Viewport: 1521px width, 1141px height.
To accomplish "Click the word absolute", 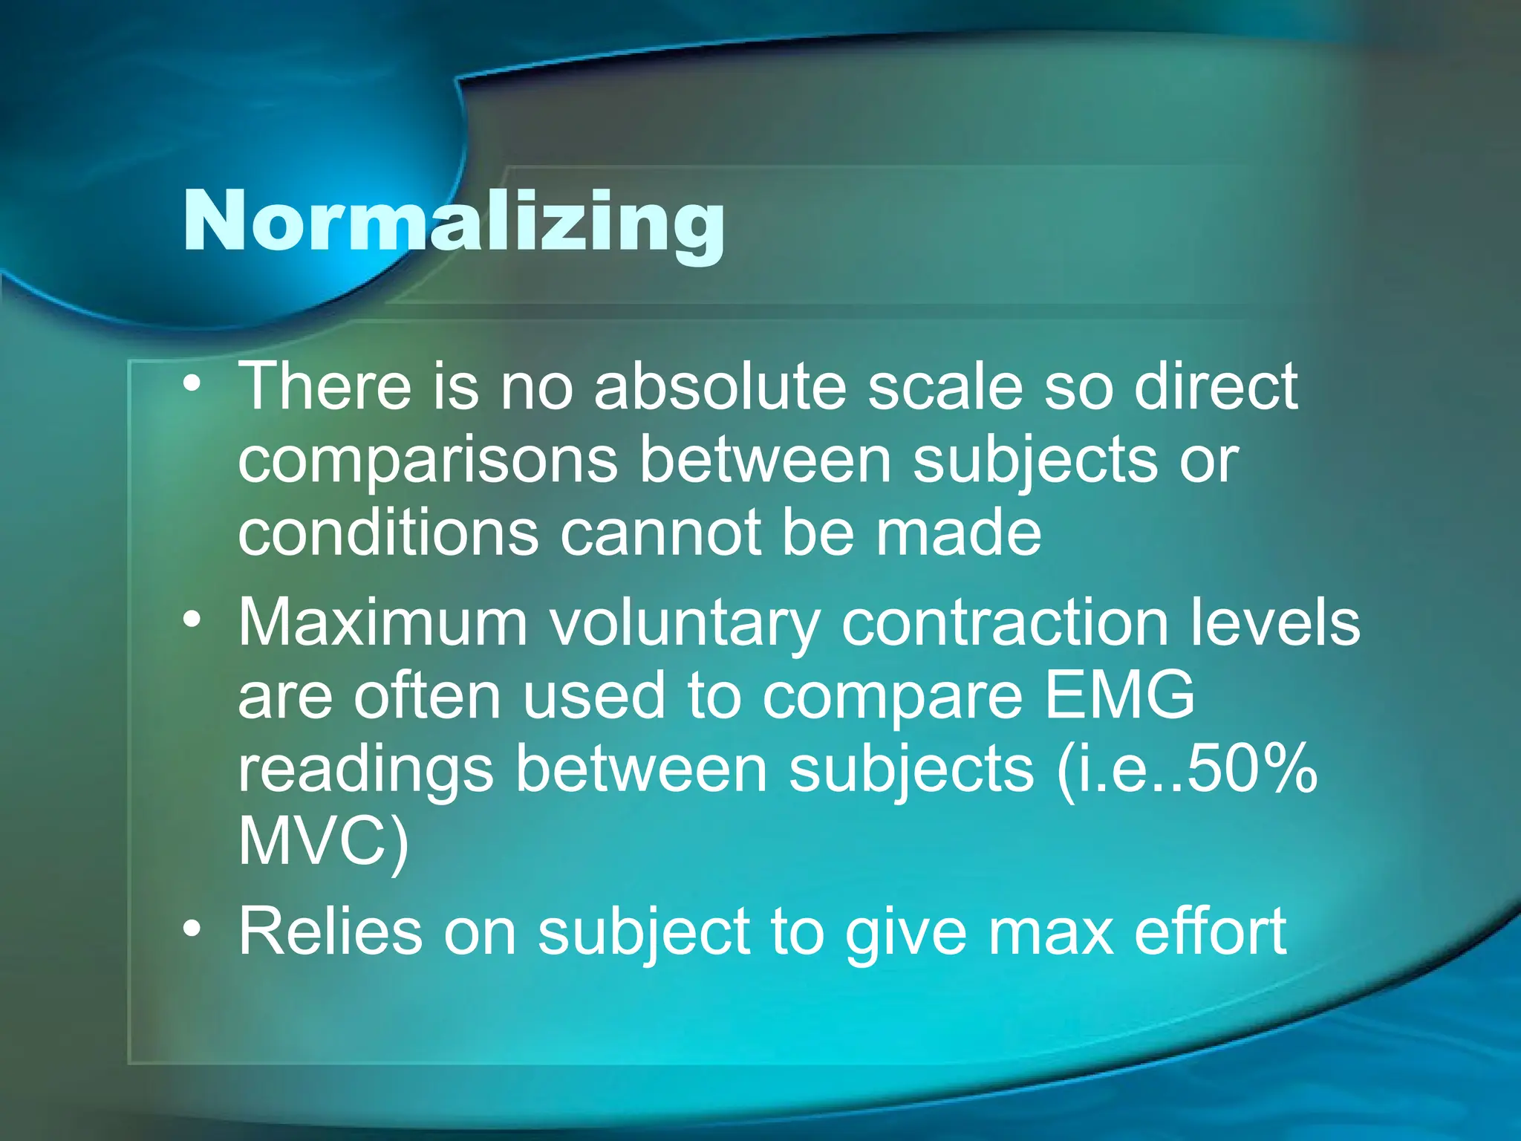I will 720,386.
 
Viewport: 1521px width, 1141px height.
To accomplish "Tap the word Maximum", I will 382,622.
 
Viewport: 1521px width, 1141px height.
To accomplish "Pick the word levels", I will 1275,622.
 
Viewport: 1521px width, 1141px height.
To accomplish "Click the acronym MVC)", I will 323,842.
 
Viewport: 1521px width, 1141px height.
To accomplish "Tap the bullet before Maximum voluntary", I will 192,619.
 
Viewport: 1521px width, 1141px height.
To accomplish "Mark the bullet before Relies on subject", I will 192,929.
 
